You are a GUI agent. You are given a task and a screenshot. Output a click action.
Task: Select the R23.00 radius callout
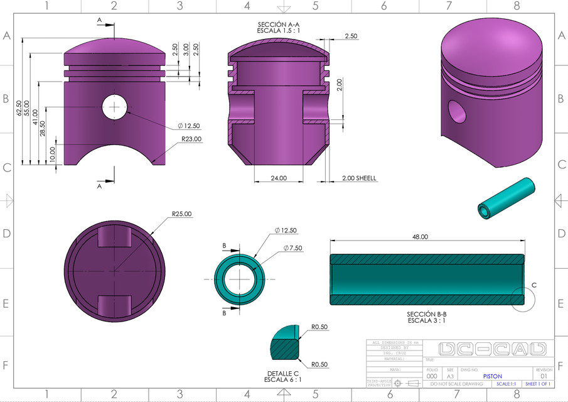click(x=191, y=139)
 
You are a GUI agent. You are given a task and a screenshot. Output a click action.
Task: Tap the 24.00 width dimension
click(x=279, y=178)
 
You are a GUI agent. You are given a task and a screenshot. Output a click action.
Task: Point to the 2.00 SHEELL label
click(x=359, y=178)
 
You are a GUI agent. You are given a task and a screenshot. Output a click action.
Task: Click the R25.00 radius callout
click(x=181, y=214)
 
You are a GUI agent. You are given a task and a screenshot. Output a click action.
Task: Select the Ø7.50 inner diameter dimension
click(x=292, y=248)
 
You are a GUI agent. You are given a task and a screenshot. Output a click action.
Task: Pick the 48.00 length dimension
click(x=420, y=237)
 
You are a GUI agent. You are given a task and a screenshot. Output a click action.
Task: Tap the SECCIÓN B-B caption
click(x=427, y=313)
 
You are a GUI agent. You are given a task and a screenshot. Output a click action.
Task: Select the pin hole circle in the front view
click(x=114, y=106)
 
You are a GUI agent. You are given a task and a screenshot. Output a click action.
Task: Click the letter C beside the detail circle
click(x=534, y=285)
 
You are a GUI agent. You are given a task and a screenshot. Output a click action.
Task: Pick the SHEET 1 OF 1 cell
click(x=537, y=384)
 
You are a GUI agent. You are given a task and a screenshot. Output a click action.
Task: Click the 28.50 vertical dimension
click(x=43, y=128)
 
